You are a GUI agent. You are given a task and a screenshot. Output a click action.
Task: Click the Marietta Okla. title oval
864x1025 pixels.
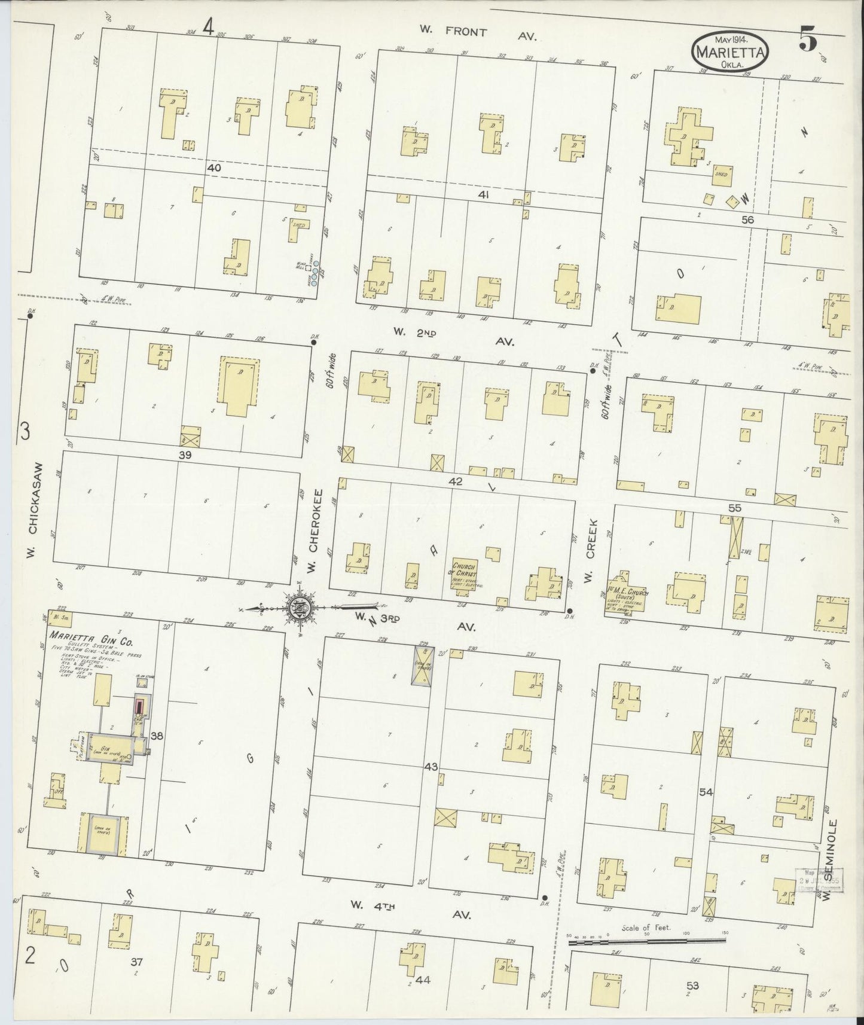click(x=729, y=53)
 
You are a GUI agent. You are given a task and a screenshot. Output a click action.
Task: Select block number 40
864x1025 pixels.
click(x=214, y=169)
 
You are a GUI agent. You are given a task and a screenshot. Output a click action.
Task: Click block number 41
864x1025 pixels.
click(x=483, y=195)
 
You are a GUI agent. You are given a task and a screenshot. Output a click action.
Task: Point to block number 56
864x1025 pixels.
click(x=747, y=220)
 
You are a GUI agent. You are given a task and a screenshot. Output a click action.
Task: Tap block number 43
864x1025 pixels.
click(x=431, y=767)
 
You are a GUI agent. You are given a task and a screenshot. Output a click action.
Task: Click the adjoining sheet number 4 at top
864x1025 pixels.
click(x=208, y=26)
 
